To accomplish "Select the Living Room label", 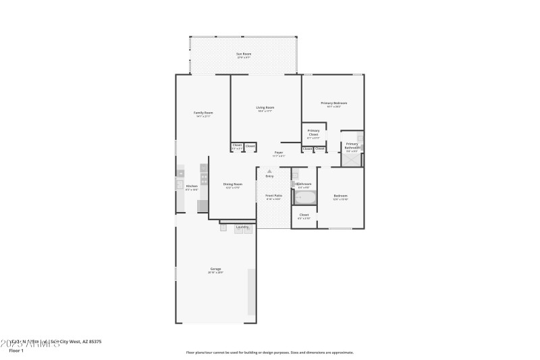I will click(265, 107).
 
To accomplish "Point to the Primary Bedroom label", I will click(333, 103).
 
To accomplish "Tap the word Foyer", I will click(278, 153).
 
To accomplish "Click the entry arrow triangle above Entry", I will click(269, 172).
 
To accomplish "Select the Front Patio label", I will click(273, 195).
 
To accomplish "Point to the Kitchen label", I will click(192, 186).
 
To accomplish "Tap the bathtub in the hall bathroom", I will click(305, 198).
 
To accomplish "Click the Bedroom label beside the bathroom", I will click(340, 196).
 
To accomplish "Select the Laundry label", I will click(242, 227).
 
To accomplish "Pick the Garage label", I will click(215, 269).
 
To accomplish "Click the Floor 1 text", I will click(16, 351).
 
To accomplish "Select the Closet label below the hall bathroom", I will click(304, 215).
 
